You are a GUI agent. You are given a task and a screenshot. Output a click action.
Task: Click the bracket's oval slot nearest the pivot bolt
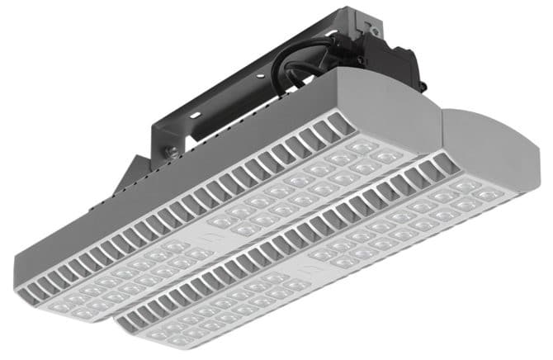pyautogui.click(x=198, y=131)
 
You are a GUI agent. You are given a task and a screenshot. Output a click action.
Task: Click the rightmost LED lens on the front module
pyautogui.click(x=487, y=195)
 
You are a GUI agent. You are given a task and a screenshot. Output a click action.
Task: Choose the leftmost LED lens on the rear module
pyautogui.click(x=58, y=305)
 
